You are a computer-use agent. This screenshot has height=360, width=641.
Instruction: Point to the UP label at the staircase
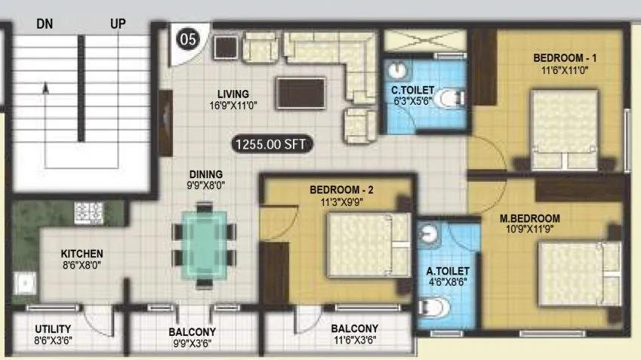point(117,23)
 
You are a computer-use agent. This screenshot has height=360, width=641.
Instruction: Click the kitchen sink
point(26,283)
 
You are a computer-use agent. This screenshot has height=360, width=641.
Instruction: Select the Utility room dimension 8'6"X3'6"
point(53,341)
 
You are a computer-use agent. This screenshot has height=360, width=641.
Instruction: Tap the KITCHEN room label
point(82,253)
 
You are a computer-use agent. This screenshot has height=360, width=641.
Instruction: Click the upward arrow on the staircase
point(45,88)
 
